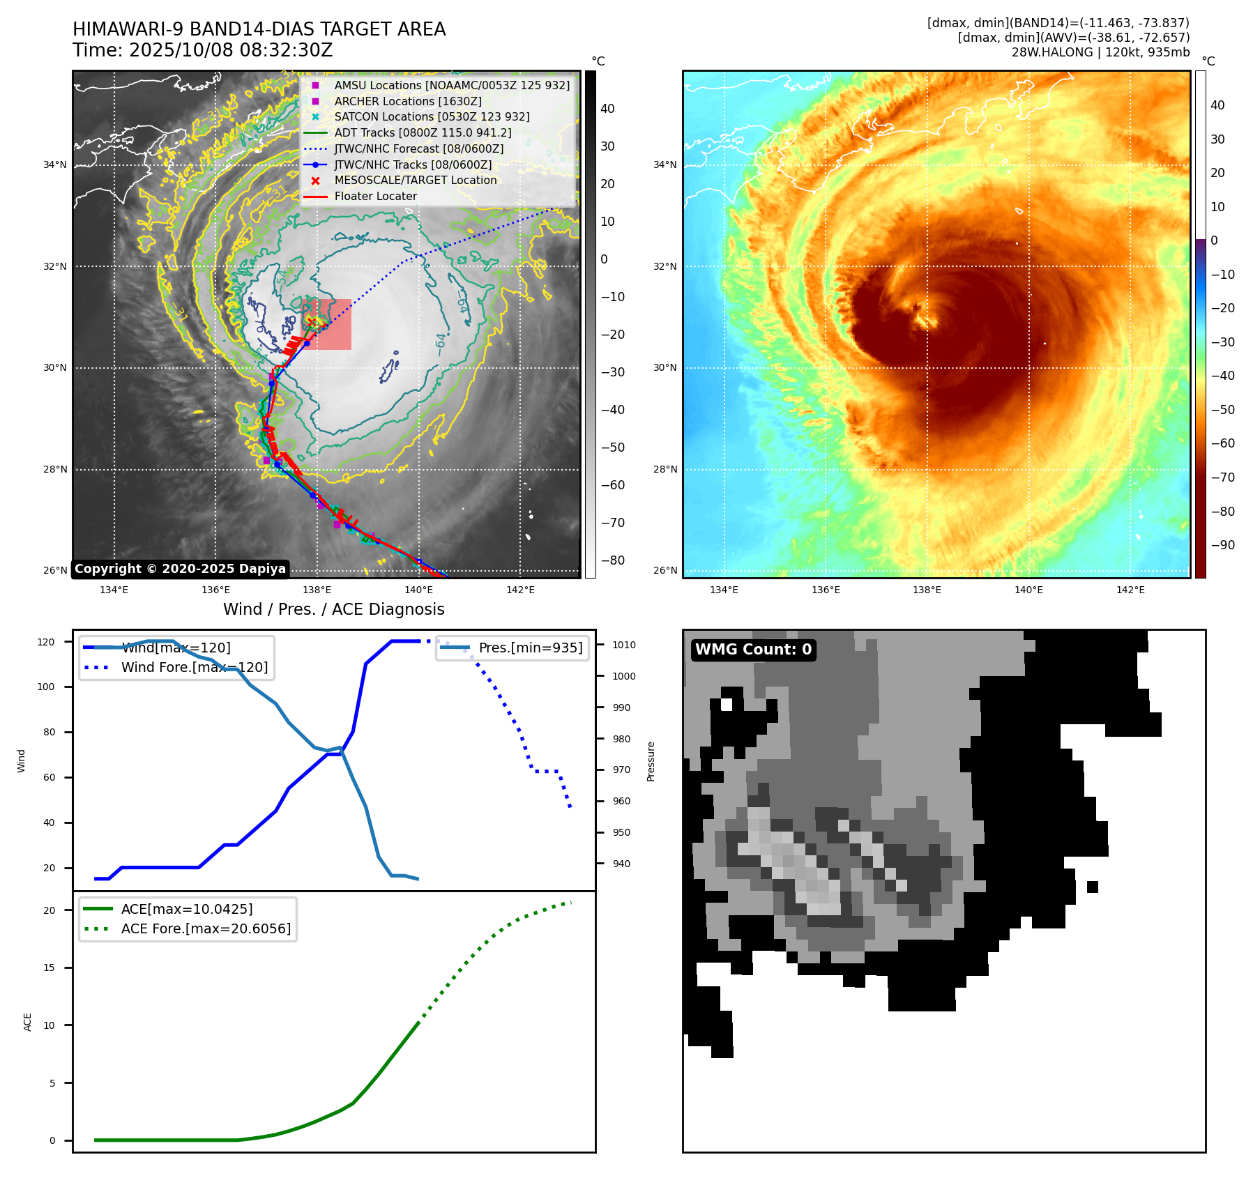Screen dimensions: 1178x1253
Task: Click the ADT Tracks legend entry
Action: (423, 132)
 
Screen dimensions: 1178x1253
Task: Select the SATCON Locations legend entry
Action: (432, 117)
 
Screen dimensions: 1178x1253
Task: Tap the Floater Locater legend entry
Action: (375, 197)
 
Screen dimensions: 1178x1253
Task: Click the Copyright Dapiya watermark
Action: (180, 569)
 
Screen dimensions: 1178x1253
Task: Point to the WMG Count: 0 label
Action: (753, 650)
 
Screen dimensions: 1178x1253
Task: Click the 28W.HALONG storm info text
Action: (1100, 52)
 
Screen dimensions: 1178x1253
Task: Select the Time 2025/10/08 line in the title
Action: (203, 51)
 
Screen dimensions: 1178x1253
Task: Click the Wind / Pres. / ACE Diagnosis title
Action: (333, 609)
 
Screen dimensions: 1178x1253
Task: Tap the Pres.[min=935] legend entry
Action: (530, 648)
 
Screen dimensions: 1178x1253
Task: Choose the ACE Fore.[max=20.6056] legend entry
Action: (205, 928)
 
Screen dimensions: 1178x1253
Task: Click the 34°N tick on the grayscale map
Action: (55, 165)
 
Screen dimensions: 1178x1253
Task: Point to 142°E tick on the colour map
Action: (1130, 590)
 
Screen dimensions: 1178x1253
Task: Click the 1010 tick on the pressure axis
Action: (624, 645)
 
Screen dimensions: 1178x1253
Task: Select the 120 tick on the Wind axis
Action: (46, 642)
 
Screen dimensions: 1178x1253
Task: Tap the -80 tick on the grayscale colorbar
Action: (613, 560)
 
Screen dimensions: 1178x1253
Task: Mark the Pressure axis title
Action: (651, 761)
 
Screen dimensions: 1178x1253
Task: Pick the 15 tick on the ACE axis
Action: (49, 967)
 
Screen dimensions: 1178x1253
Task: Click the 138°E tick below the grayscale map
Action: (317, 590)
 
